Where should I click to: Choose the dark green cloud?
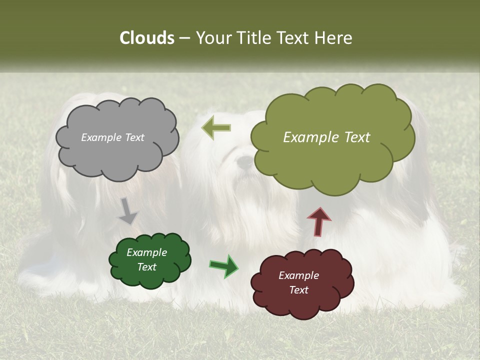pos(149,277)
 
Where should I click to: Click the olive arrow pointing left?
pos(216,127)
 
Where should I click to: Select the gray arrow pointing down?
pos(128,210)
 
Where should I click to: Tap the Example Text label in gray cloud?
pos(112,137)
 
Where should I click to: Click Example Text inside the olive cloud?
pos(326,137)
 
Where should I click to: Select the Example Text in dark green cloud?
pos(146,259)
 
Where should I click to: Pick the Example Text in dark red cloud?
pos(298,282)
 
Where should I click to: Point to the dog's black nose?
pos(245,161)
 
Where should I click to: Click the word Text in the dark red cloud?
pos(298,290)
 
